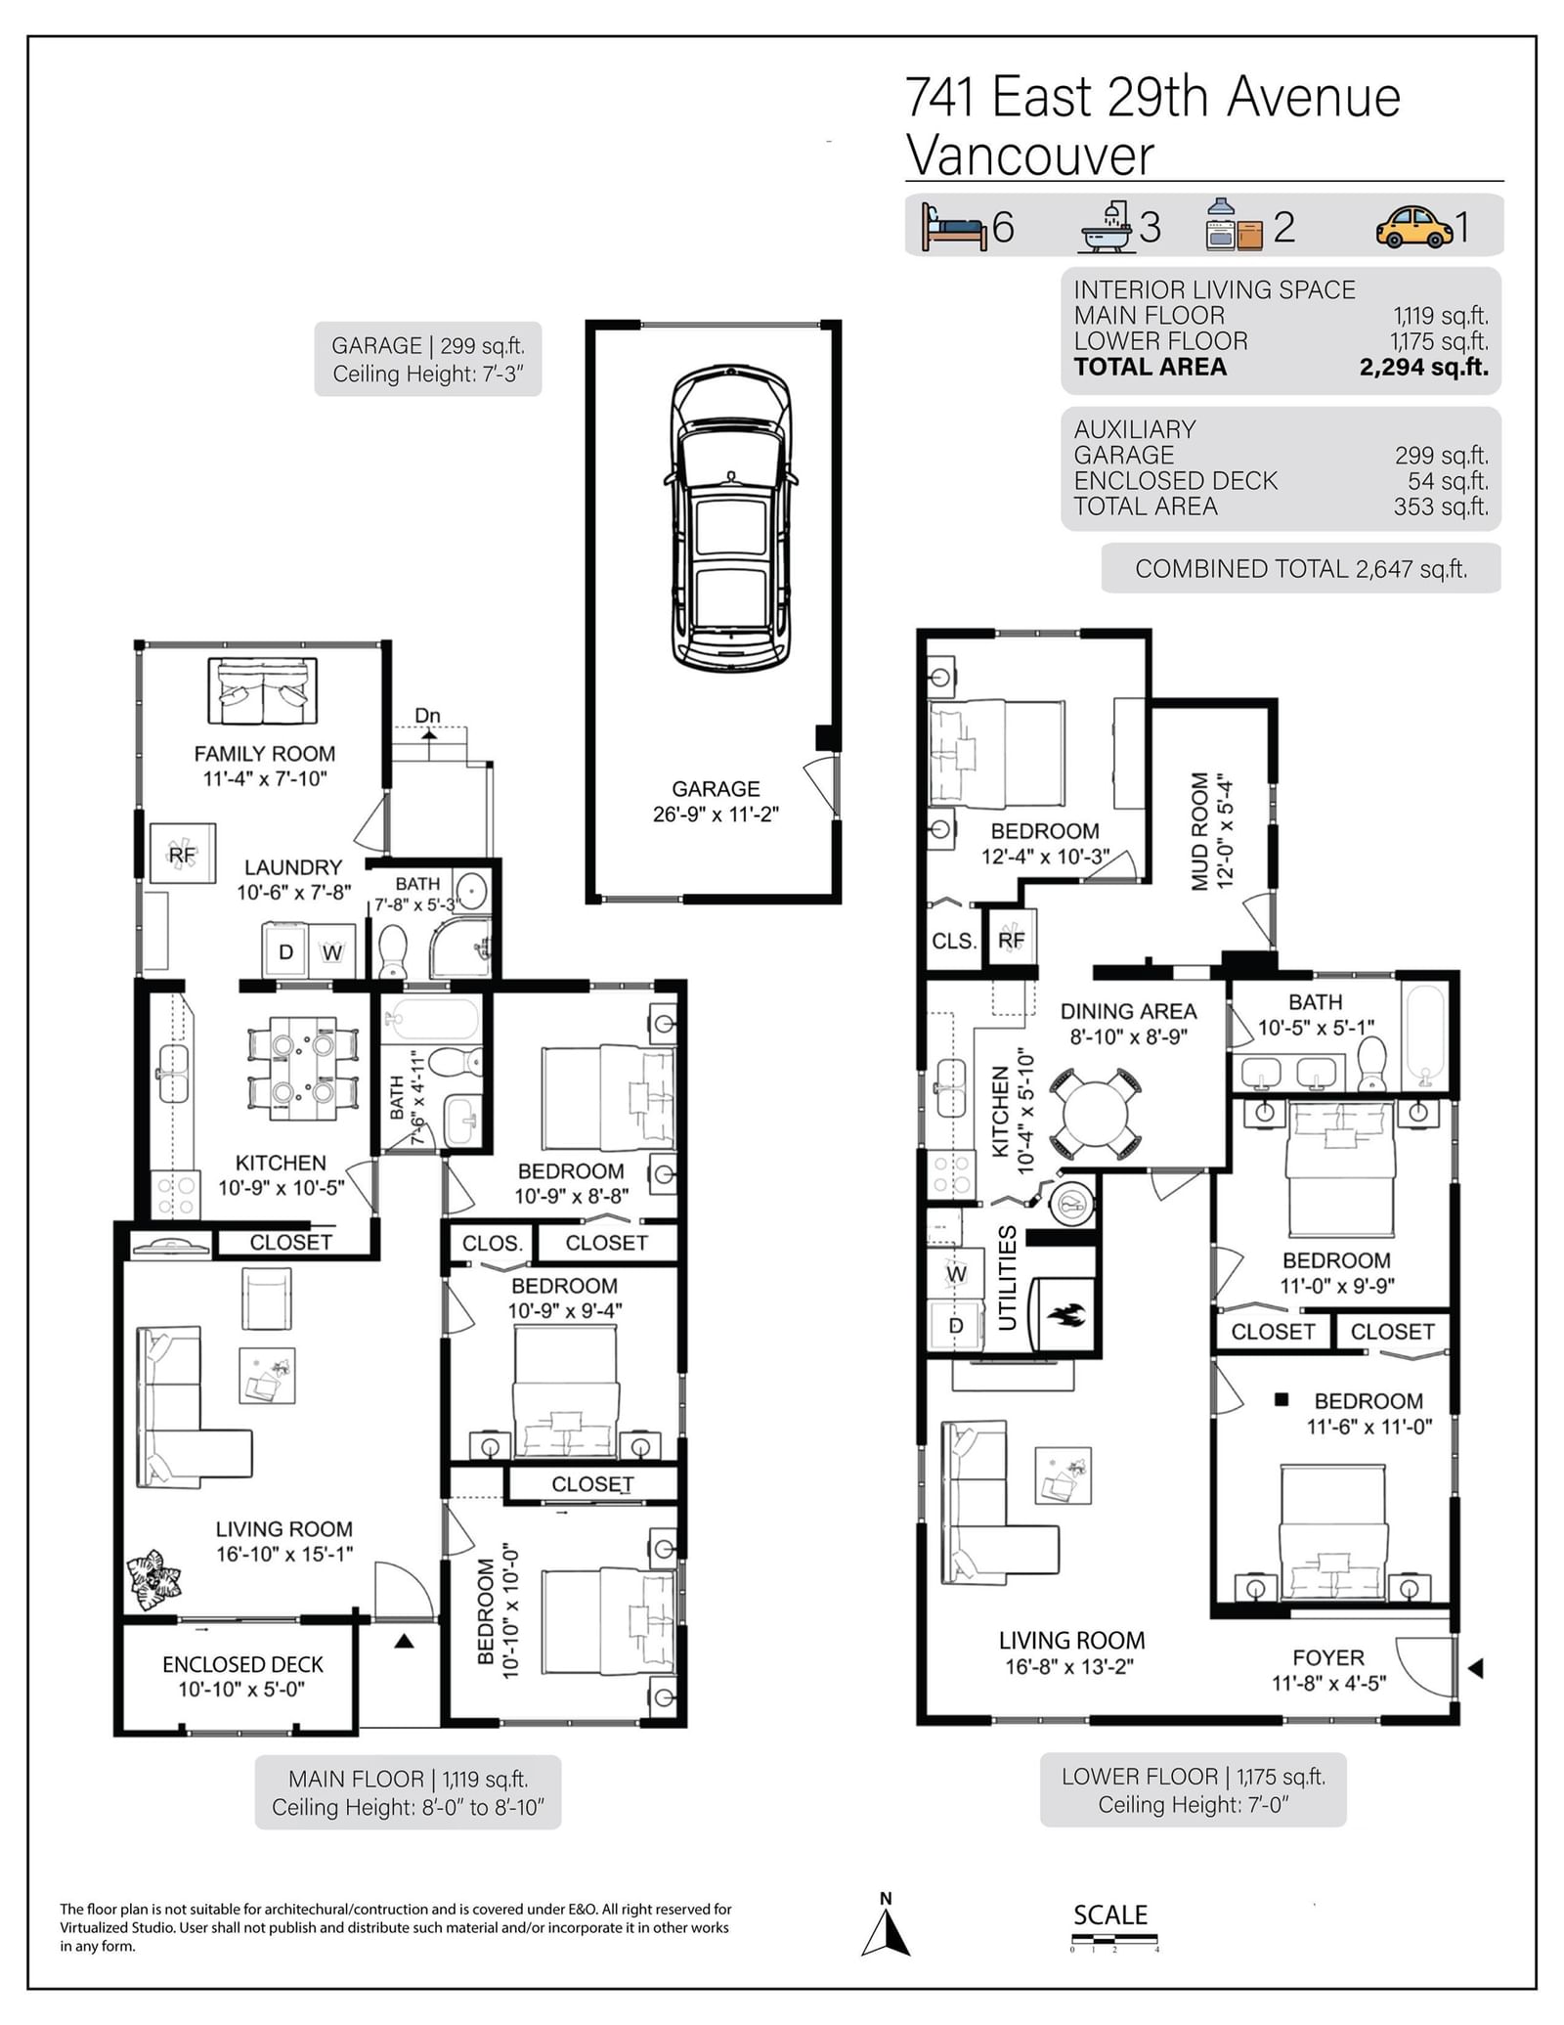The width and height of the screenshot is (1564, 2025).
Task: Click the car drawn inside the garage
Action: click(730, 518)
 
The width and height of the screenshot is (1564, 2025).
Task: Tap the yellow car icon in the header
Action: click(1413, 227)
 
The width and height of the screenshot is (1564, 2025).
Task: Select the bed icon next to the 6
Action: click(954, 228)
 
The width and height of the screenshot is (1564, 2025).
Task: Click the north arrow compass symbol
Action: click(886, 1926)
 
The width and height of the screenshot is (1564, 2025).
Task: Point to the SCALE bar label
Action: click(1110, 1915)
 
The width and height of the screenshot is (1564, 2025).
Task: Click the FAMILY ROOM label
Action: click(264, 754)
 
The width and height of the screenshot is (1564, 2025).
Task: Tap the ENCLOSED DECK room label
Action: click(242, 1664)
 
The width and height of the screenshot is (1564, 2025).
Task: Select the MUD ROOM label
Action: click(1200, 832)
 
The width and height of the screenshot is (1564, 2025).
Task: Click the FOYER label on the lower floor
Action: click(1328, 1657)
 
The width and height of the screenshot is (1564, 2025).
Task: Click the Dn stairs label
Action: click(427, 716)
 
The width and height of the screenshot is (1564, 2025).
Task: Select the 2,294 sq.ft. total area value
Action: click(1423, 368)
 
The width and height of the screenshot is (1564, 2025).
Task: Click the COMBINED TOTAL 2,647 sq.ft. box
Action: click(1301, 568)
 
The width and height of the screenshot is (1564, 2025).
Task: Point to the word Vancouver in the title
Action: click(1029, 155)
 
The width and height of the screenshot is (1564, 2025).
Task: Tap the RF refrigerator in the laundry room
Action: click(182, 855)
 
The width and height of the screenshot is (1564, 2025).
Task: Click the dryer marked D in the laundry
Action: click(285, 951)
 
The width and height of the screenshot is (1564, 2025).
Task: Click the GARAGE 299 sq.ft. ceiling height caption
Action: click(428, 360)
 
